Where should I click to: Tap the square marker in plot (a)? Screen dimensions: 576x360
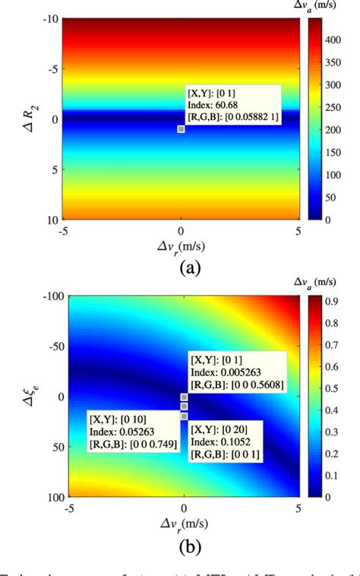(x=181, y=129)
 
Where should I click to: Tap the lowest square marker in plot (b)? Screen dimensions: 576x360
(x=184, y=416)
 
